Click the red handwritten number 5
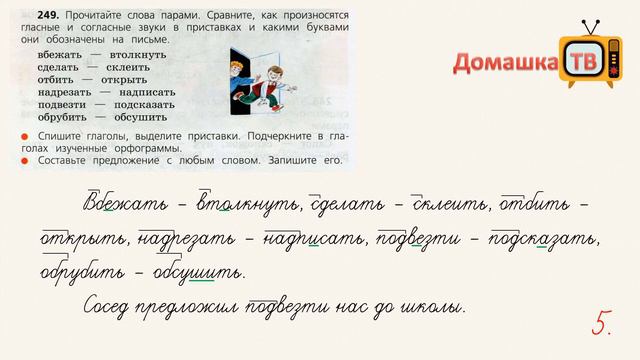pyautogui.click(x=602, y=322)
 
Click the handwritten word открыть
pyautogui.click(x=83, y=239)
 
